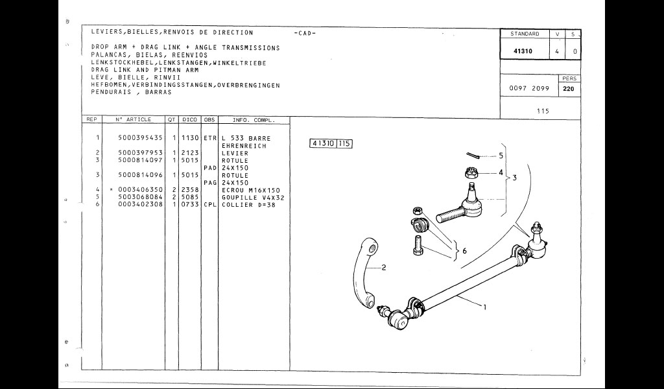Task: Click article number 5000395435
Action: [x=141, y=139]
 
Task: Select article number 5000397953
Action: [x=141, y=154]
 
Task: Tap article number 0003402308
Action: [x=141, y=205]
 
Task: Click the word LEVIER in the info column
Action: [x=235, y=154]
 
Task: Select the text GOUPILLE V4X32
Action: [x=254, y=198]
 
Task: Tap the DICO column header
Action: [x=189, y=120]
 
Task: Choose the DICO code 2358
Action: [x=189, y=190]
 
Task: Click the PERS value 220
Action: [x=569, y=89]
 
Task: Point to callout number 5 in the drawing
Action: [x=501, y=156]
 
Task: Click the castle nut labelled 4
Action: [x=471, y=173]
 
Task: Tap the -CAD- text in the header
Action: [x=305, y=33]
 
